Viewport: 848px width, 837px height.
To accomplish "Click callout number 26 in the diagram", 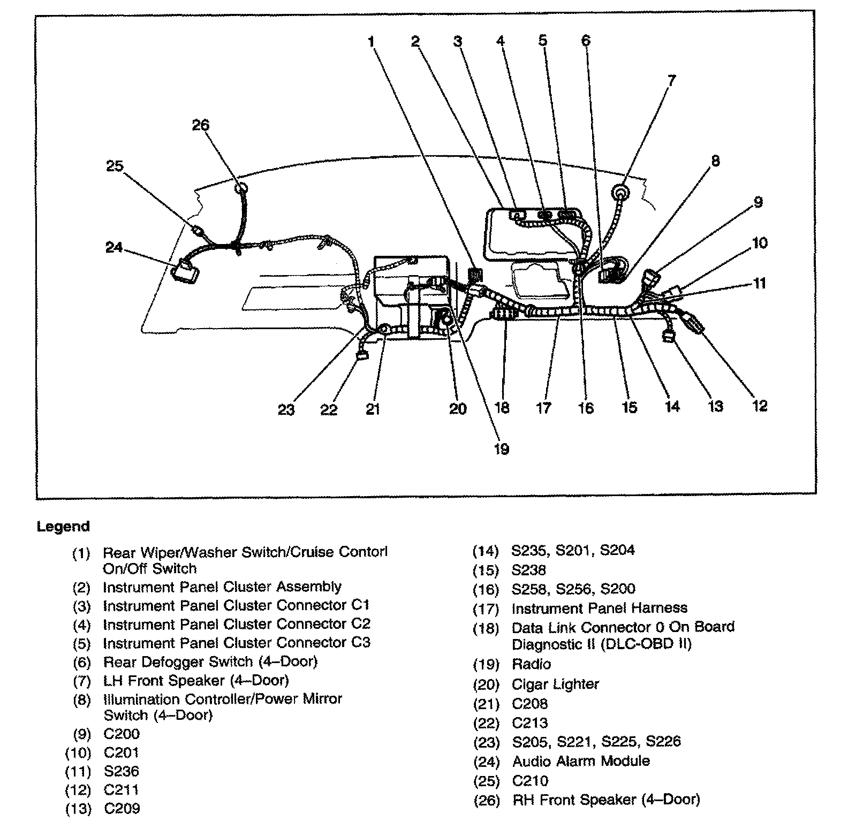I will coord(201,125).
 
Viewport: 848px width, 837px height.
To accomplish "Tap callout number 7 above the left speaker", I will coord(671,80).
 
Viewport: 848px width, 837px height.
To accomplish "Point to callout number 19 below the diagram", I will coord(501,448).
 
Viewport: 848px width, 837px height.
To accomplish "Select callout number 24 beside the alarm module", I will coord(113,248).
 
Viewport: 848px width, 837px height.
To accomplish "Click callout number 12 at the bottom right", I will coord(759,406).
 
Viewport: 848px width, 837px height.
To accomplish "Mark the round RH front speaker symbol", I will coord(241,188).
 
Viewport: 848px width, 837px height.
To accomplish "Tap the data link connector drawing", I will coord(504,314).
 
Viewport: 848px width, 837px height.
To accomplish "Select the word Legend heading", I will coord(63,527).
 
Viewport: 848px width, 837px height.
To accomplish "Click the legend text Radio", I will coord(531,664).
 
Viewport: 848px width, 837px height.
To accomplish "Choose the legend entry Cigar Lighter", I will coord(555,684).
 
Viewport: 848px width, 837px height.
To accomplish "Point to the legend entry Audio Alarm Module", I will coord(581,761).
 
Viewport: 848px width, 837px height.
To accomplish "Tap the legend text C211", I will coord(122,790).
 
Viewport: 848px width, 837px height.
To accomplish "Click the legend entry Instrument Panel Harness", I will coord(599,608).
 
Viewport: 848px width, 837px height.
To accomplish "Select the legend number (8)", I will coord(81,700).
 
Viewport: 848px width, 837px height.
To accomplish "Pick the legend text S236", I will coord(122,771).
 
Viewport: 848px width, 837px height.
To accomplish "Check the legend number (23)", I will coord(486,742).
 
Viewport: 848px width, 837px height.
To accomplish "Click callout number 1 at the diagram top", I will coord(372,41).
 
